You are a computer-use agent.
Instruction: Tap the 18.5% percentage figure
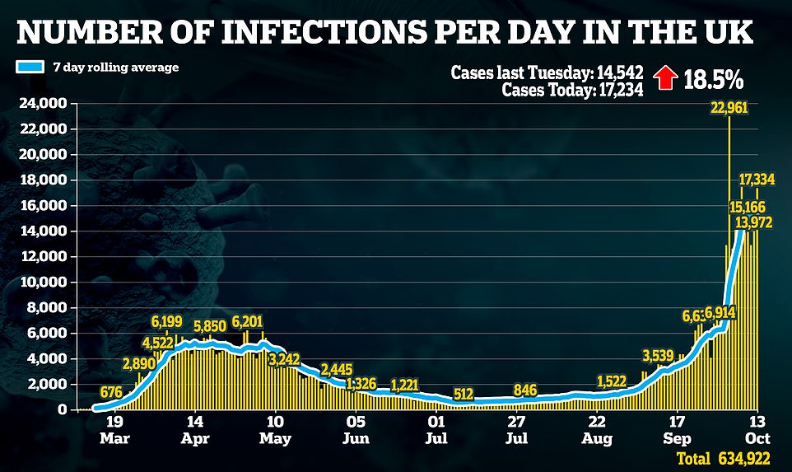[x=712, y=80]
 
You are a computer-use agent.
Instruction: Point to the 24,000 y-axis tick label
[x=43, y=104]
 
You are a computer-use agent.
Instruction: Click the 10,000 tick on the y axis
[x=43, y=283]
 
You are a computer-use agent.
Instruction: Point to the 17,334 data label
[x=761, y=179]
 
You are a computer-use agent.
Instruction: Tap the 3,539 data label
[x=663, y=356]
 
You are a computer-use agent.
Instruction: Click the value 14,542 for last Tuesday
[x=614, y=72]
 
